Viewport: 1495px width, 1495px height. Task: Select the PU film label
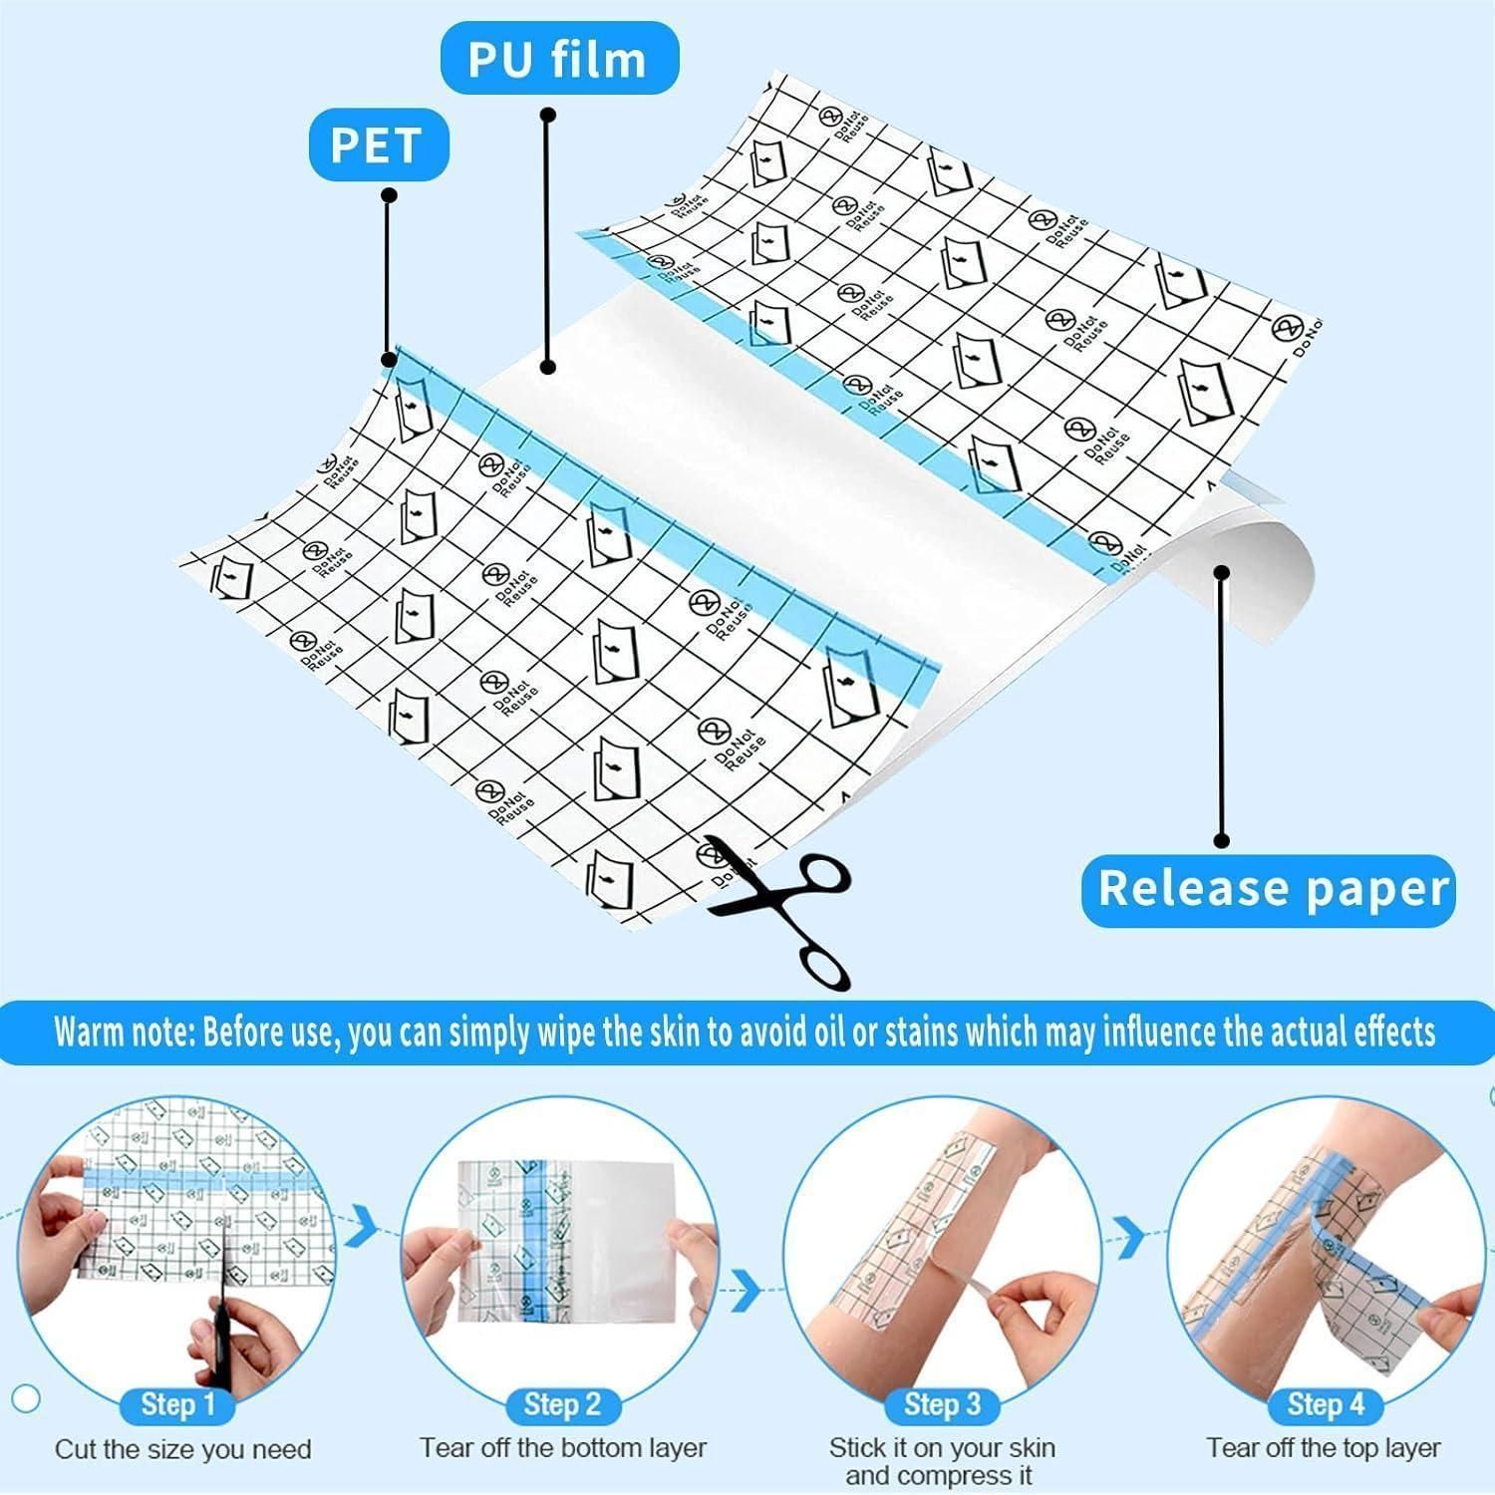(x=559, y=59)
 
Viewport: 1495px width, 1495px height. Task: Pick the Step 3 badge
(x=942, y=1405)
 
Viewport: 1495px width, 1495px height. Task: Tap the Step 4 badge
(x=1325, y=1405)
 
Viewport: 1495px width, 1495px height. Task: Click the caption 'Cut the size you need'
(x=183, y=1449)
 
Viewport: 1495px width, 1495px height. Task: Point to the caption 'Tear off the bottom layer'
(x=563, y=1447)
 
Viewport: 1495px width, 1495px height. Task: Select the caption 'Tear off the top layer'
(x=1324, y=1447)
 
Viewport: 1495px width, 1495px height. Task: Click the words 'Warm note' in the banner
(x=122, y=1033)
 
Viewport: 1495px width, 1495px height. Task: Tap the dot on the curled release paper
(x=1223, y=572)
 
